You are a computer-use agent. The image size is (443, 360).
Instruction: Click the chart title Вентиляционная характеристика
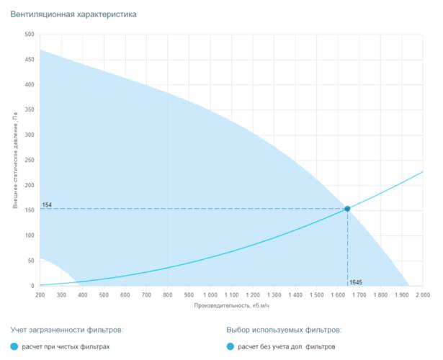[73, 14]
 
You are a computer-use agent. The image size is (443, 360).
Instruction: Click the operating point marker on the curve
[347, 209]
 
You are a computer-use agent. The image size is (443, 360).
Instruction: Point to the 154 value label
[48, 205]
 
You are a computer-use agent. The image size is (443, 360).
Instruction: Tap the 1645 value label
[356, 282]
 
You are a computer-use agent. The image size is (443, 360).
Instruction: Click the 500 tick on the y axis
[30, 35]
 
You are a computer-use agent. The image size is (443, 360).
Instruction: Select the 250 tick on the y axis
[30, 161]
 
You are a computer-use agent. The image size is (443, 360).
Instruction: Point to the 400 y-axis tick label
[30, 85]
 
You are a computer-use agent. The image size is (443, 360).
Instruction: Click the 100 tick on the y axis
[30, 236]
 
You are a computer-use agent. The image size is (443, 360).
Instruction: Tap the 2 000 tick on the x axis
[422, 294]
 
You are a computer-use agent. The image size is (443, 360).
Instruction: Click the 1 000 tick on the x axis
[210, 294]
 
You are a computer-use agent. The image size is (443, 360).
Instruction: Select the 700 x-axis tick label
[146, 294]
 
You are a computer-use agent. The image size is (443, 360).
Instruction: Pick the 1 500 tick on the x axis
[316, 294]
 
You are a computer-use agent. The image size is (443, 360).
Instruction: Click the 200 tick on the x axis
[40, 294]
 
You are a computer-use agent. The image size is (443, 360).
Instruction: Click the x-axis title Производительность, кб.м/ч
[231, 305]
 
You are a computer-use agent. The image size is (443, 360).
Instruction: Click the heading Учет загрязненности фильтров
[67, 330]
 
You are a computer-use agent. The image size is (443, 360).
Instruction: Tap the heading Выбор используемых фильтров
[283, 330]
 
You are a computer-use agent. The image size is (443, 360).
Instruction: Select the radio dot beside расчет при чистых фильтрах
[15, 347]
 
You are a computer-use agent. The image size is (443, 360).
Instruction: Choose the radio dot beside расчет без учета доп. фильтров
[231, 347]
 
